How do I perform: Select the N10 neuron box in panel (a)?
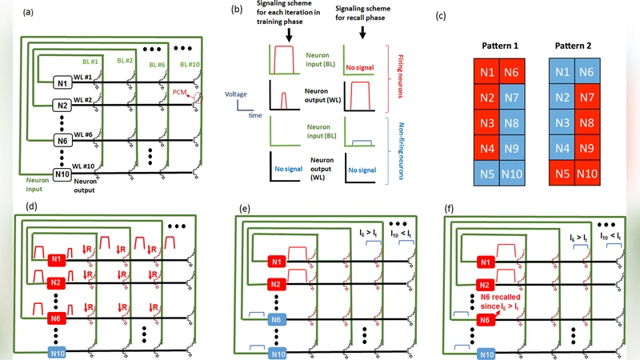(62, 173)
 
